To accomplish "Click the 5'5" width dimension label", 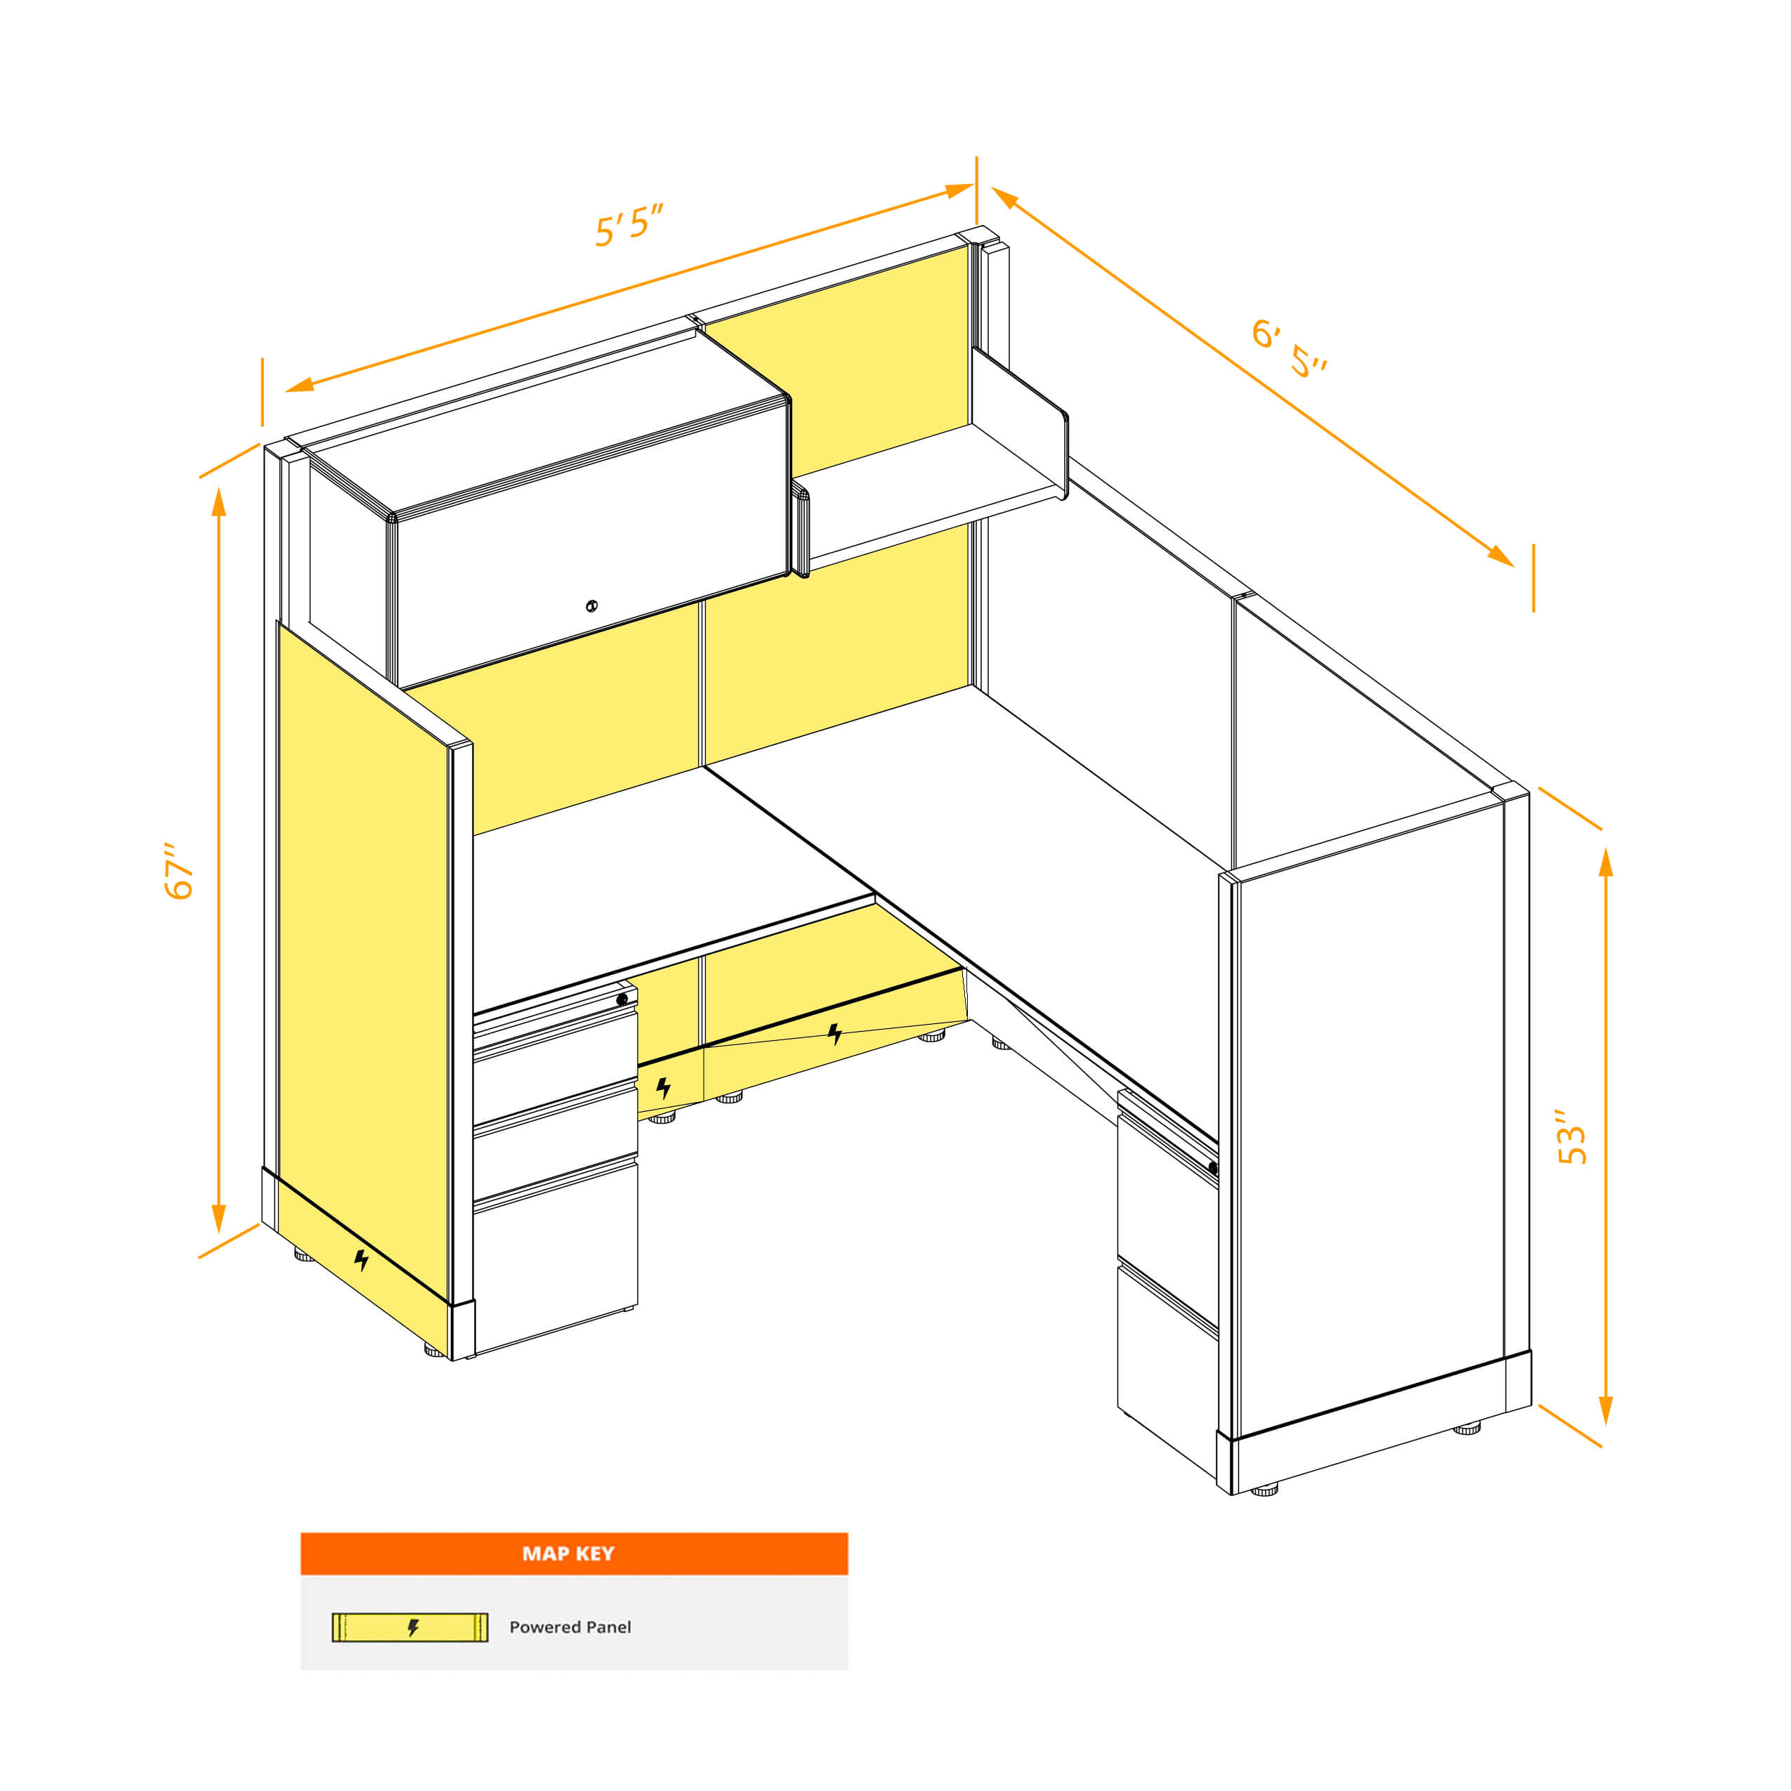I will [x=629, y=225].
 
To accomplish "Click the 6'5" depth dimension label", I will [x=1290, y=348].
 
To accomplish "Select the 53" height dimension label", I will [x=1573, y=1136].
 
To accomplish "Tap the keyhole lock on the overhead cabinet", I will [x=591, y=605].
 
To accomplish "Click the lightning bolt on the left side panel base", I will [x=362, y=1259].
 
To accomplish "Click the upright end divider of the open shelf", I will [x=1020, y=417].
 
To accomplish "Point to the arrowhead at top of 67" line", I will [x=218, y=501].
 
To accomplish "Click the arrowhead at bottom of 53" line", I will [x=1606, y=1409].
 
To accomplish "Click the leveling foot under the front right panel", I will [x=1264, y=1490].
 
